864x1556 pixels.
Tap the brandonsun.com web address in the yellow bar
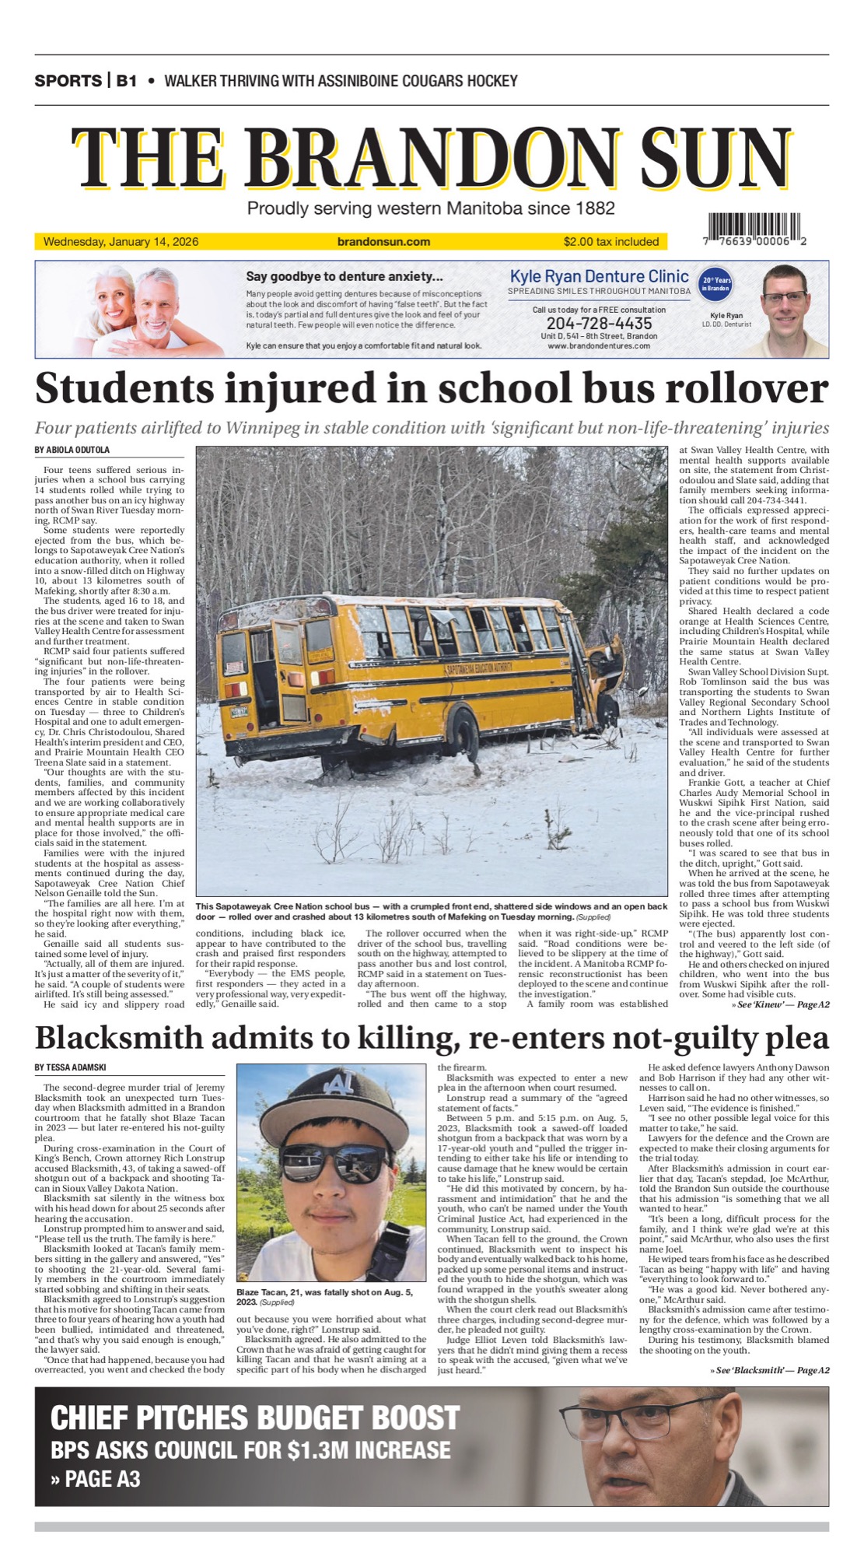tap(383, 242)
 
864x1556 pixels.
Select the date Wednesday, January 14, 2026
tap(121, 242)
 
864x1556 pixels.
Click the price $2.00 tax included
tap(611, 242)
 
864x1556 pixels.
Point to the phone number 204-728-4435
tap(599, 323)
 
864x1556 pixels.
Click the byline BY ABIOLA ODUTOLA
tap(72, 450)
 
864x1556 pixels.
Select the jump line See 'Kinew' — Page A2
tap(780, 1004)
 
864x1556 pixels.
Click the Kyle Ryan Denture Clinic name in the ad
tap(599, 276)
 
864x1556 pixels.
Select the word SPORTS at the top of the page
tap(68, 81)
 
